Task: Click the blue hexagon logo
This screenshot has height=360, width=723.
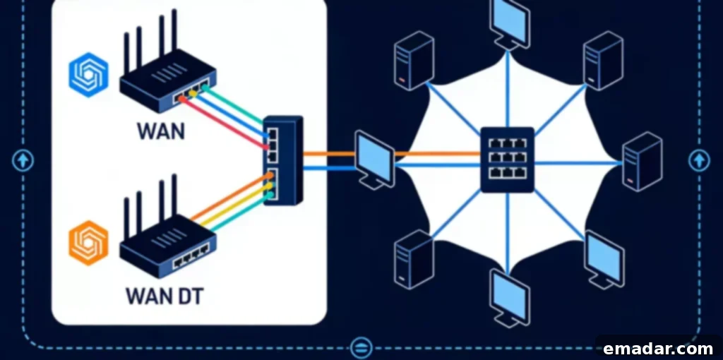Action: pyautogui.click(x=88, y=75)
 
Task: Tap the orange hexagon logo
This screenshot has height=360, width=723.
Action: pyautogui.click(x=88, y=243)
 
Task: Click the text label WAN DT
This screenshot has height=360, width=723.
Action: pyautogui.click(x=164, y=296)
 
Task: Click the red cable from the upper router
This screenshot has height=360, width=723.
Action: pyautogui.click(x=223, y=124)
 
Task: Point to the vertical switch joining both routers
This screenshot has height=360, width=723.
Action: pyautogui.click(x=283, y=160)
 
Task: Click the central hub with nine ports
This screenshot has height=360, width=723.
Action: pyautogui.click(x=507, y=160)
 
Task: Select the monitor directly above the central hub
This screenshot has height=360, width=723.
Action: pyautogui.click(x=509, y=23)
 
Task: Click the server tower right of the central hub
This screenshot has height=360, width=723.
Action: pyautogui.click(x=642, y=162)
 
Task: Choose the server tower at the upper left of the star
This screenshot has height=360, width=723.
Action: pyautogui.click(x=414, y=61)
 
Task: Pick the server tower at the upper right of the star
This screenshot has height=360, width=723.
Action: pyautogui.click(x=603, y=61)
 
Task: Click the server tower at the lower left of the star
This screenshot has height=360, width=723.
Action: pyautogui.click(x=414, y=260)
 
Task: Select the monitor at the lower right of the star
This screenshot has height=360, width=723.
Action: pyautogui.click(x=604, y=259)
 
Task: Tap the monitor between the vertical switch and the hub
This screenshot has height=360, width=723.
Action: pyautogui.click(x=374, y=160)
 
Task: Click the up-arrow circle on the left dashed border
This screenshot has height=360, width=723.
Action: pyautogui.click(x=23, y=160)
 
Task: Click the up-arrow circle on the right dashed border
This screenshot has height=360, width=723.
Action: pyautogui.click(x=700, y=160)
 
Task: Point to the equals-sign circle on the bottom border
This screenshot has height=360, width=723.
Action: pyautogui.click(x=361, y=347)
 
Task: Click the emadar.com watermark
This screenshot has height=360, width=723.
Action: pyautogui.click(x=659, y=349)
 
